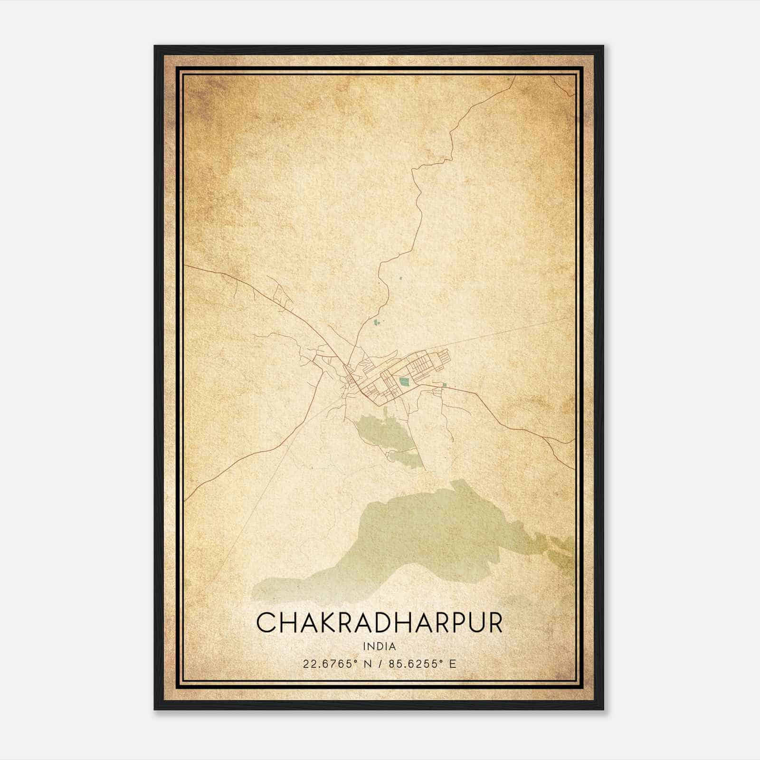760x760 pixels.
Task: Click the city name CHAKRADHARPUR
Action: point(379,623)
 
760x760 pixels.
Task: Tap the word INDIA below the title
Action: point(379,646)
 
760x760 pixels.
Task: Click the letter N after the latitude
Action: point(368,664)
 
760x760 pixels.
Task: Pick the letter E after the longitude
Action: point(453,664)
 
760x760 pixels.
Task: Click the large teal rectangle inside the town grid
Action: point(405,381)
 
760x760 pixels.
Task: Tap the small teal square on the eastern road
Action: point(444,385)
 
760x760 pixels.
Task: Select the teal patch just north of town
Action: point(378,323)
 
